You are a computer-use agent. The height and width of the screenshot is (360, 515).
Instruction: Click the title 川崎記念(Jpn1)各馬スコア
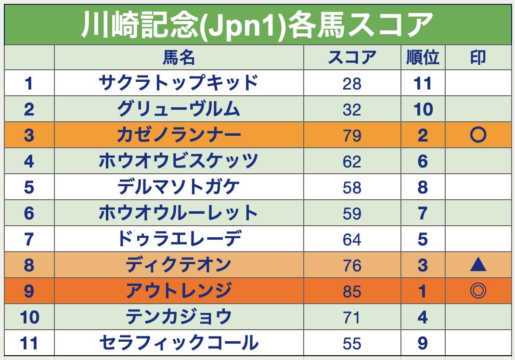point(257,25)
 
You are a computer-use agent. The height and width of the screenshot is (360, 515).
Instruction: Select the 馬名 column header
point(179,57)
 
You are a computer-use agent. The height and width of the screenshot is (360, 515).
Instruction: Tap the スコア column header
point(352,57)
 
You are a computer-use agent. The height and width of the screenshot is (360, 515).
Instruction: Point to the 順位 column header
point(423,57)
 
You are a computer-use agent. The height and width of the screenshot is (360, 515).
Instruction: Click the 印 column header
point(478,57)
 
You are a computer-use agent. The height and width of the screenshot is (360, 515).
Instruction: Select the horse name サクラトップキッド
point(179,83)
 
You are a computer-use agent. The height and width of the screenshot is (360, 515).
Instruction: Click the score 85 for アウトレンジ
point(352,291)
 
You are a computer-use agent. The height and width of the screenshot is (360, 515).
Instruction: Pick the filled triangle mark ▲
point(478,264)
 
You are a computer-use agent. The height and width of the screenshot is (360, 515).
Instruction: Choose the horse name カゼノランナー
point(179,135)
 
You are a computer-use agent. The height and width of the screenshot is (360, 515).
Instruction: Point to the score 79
point(352,135)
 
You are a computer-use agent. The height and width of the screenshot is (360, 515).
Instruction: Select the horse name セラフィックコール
point(179,343)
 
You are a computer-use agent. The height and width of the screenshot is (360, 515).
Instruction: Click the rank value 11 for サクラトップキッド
point(423,83)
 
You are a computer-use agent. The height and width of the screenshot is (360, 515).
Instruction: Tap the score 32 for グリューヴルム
point(352,109)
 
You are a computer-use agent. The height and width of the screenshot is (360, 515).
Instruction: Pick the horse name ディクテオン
point(179,265)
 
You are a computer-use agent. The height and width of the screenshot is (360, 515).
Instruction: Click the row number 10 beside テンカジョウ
point(29,317)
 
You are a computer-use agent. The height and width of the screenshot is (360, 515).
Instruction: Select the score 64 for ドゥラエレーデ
point(352,240)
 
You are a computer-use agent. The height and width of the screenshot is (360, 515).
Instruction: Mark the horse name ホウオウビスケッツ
point(179,161)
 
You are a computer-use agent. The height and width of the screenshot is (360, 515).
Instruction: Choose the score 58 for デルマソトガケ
point(352,187)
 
